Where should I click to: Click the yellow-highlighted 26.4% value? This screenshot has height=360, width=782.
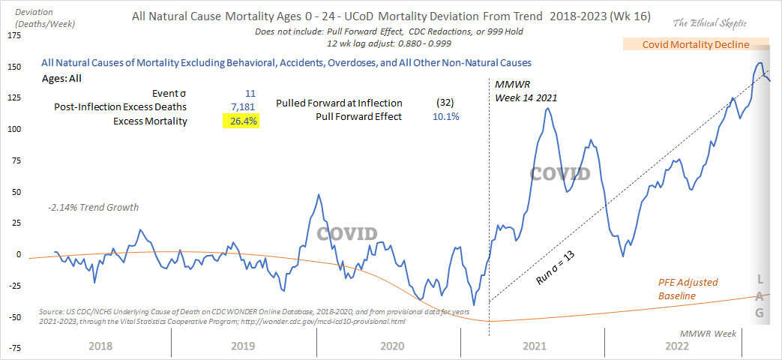241,121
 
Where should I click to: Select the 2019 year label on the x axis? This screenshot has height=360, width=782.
244,346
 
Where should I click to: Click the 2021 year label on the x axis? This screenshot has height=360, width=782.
533,346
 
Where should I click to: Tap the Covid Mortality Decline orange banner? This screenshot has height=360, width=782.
696,44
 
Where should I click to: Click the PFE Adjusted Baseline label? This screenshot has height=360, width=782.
684,289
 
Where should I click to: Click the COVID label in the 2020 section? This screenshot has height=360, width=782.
346,233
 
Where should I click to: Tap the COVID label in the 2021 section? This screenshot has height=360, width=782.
560,174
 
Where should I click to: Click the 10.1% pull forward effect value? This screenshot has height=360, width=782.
446,116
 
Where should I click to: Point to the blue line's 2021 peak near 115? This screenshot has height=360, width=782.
548,109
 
